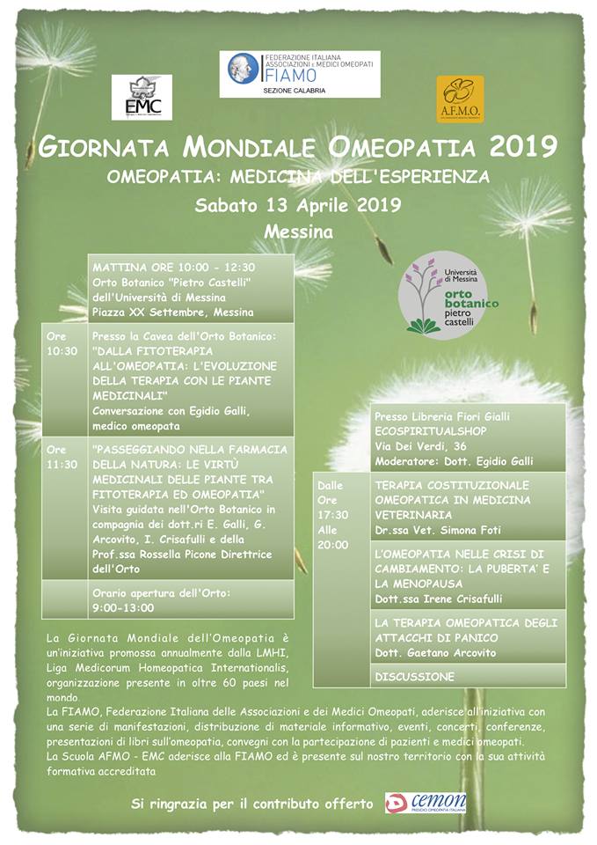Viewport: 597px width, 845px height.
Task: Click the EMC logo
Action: pos(142,98)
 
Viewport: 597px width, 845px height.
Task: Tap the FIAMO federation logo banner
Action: pos(299,74)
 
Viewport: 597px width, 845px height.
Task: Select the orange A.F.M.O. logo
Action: pos(460,99)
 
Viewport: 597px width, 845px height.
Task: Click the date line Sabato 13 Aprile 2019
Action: pos(298,206)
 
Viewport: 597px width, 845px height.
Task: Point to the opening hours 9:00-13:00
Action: pos(123,607)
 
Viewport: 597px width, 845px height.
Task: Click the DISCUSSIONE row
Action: pos(415,677)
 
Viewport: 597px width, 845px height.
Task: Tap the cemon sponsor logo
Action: pos(426,803)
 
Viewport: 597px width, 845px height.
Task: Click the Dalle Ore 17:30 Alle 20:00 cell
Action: pos(333,514)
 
